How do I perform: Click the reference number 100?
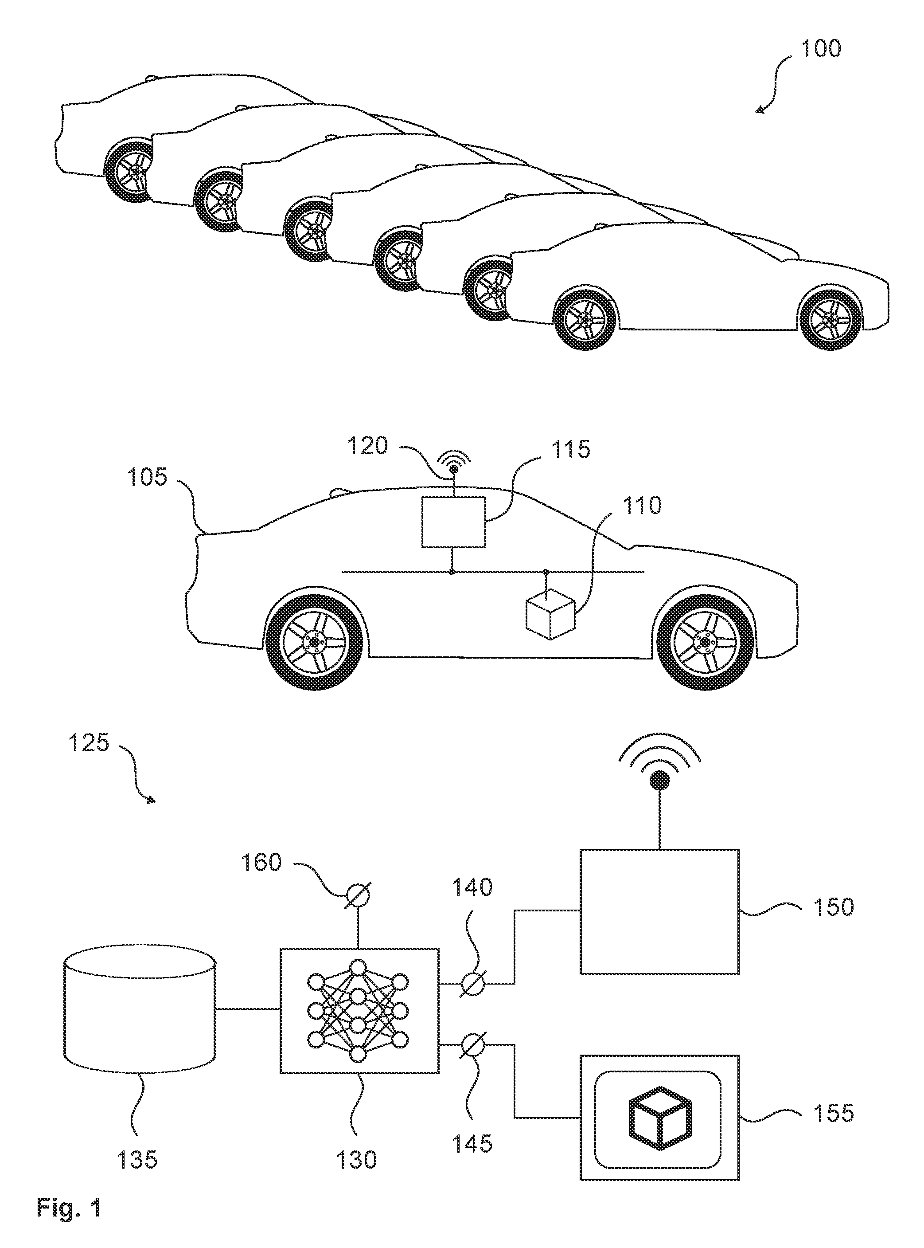click(x=821, y=49)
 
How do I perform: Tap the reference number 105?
click(x=147, y=477)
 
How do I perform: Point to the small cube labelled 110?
click(x=550, y=614)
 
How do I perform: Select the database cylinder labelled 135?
click(x=140, y=1009)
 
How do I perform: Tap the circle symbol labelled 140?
click(x=472, y=983)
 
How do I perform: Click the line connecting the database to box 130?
click(x=248, y=1009)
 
